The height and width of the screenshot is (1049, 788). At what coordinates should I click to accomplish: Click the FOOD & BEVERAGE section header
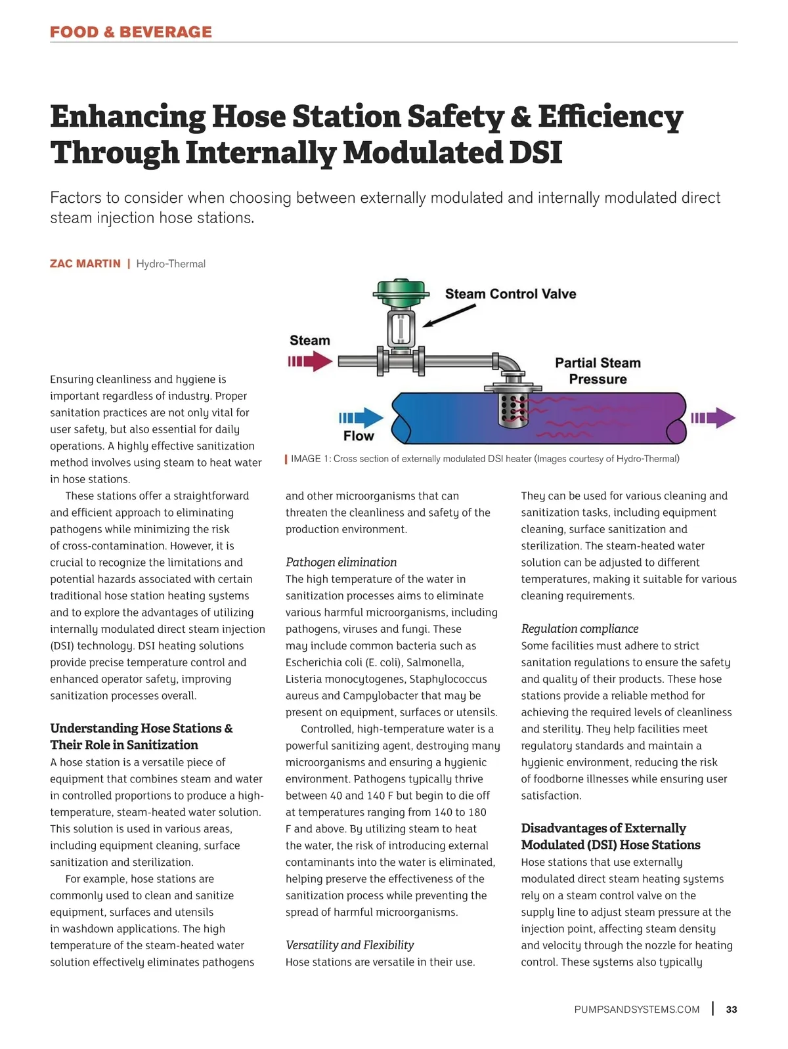[x=131, y=32]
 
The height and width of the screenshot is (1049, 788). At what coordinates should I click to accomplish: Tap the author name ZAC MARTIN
[x=85, y=264]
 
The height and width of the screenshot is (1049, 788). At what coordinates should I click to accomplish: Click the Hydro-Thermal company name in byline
[x=171, y=264]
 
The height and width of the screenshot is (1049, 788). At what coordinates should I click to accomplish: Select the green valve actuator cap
[x=401, y=290]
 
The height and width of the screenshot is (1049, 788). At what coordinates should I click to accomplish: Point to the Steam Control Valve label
[x=510, y=294]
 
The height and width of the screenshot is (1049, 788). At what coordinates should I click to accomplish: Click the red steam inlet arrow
[x=310, y=361]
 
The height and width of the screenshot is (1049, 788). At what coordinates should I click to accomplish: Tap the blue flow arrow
[x=361, y=417]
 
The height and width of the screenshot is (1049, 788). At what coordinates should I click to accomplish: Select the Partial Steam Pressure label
[x=598, y=371]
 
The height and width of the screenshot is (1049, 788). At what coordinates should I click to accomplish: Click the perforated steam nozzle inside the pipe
[x=512, y=410]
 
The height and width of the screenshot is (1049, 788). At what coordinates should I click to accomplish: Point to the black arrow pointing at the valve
[x=449, y=315]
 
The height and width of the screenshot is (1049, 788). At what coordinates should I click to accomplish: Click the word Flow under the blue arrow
[x=359, y=436]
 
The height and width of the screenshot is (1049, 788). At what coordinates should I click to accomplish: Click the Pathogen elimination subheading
[x=341, y=562]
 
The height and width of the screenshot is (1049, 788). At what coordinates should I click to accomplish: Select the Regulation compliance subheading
[x=579, y=629]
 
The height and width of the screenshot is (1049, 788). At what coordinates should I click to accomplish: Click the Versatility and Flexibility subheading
[x=349, y=945]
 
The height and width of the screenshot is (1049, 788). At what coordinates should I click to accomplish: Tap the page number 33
[x=732, y=1010]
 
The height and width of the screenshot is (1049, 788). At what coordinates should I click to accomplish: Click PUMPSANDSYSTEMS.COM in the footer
[x=636, y=1010]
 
